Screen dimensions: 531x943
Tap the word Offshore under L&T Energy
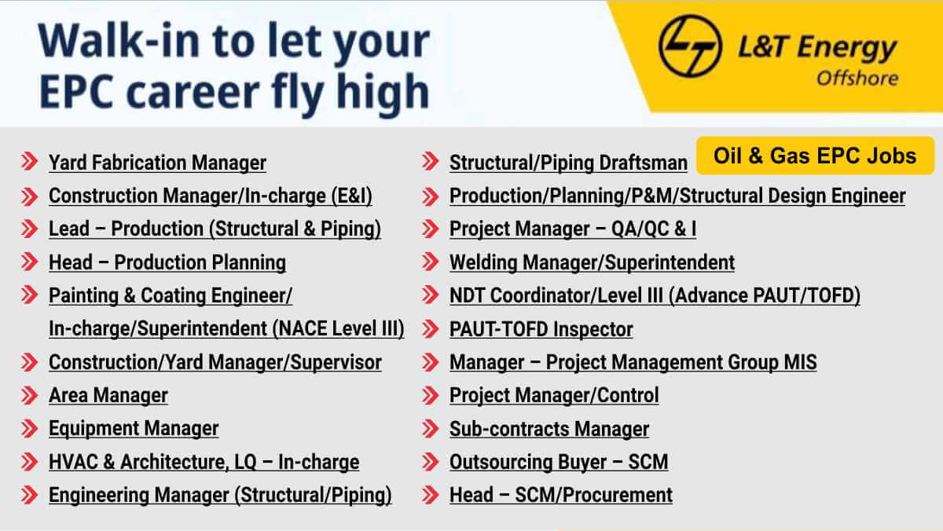point(857,79)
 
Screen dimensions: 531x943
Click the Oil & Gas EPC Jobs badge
point(815,156)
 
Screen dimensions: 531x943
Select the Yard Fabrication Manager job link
point(157,163)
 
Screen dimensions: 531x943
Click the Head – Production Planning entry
point(167,262)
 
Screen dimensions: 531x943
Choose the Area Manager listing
point(108,395)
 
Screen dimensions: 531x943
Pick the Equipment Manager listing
point(134,429)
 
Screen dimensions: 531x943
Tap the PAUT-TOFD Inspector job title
point(541,329)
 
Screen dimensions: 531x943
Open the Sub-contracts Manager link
point(549,429)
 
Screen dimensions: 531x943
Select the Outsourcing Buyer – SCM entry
point(559,462)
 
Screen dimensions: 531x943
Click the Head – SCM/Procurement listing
point(561,495)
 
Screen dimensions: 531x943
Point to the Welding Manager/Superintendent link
point(592,262)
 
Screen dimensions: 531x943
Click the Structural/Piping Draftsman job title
point(568,163)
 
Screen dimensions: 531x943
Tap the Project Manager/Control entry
point(554,395)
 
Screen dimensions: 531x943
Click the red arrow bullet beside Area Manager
point(30,395)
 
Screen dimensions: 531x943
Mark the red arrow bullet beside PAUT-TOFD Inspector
point(431,328)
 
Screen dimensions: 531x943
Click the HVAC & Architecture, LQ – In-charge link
point(204,462)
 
